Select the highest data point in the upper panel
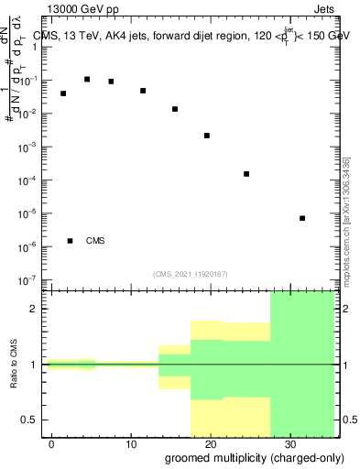87,80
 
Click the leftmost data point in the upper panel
63,93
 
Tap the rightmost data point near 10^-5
302,218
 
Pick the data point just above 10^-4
246,174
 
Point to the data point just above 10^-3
207,136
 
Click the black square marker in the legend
71,241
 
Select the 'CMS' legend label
95,241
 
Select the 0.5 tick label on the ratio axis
35,420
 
